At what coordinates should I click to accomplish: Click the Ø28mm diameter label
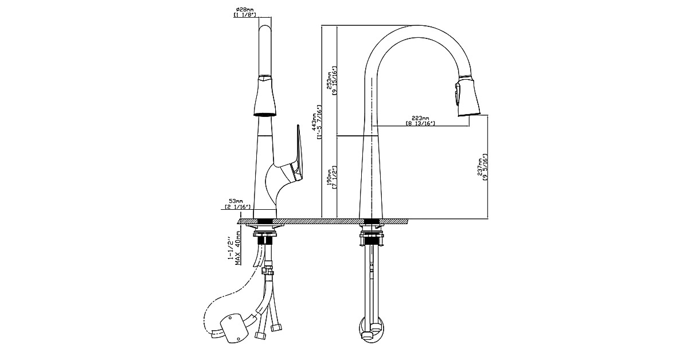click(244, 9)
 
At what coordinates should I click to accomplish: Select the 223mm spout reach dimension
click(421, 118)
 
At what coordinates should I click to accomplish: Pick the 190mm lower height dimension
click(329, 177)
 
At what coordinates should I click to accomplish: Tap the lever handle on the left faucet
click(299, 152)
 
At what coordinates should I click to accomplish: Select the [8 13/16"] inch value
click(421, 124)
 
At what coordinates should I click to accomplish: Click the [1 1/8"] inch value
click(244, 15)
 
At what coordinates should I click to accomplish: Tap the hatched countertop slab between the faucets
click(321, 221)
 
